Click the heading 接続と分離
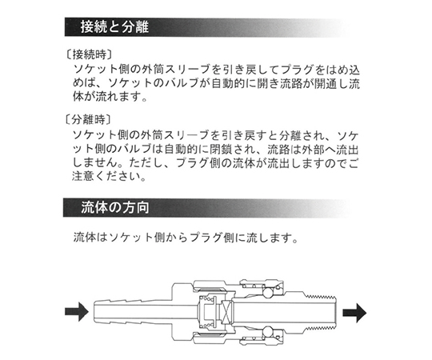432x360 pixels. (x=114, y=27)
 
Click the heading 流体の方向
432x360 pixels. (x=115, y=207)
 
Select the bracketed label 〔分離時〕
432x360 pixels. (x=89, y=119)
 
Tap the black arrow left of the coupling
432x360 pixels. (x=77, y=311)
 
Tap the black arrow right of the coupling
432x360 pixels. (x=354, y=313)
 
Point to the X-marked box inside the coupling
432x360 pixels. (x=227, y=312)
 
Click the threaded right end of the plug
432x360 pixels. (x=322, y=312)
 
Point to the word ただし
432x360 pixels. (x=152, y=162)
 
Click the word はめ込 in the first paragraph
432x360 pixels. (x=342, y=70)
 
